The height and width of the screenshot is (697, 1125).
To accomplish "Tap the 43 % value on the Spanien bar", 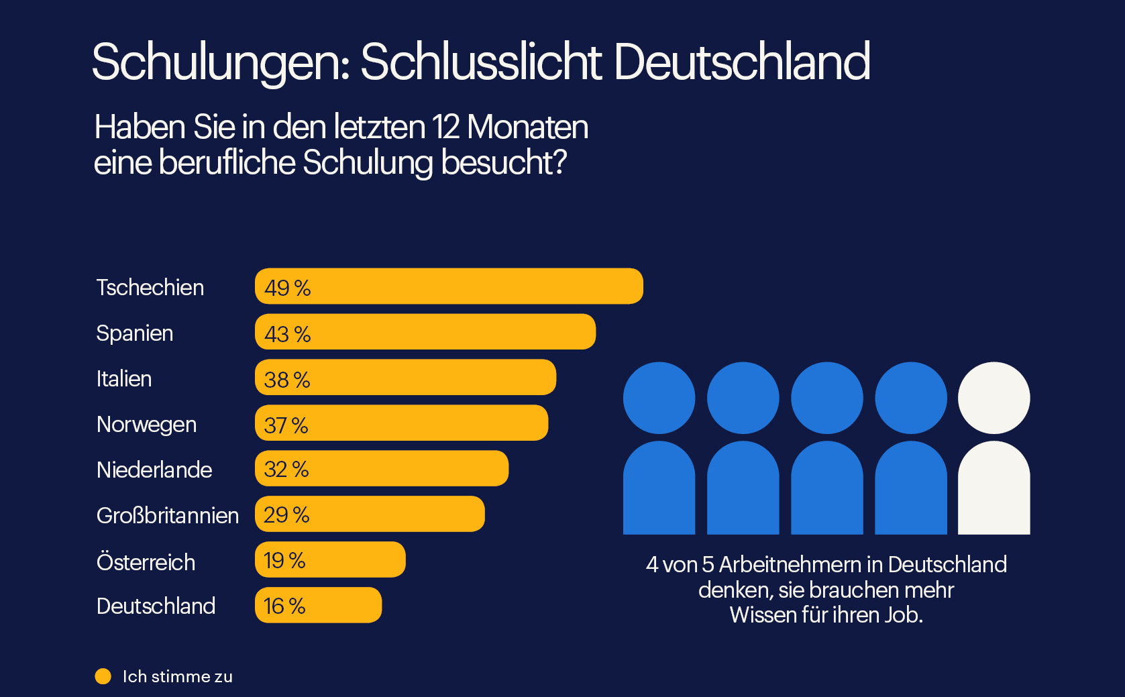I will point(287,333).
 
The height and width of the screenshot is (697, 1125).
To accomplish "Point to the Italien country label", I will point(124,379).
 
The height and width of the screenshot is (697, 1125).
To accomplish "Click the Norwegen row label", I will point(146,425).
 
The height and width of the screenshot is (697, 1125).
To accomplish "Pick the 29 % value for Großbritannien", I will point(286,515).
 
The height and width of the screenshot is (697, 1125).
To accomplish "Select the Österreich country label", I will point(146,561).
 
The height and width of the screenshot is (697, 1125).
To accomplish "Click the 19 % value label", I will point(284,560).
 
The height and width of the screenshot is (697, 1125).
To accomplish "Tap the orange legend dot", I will point(103,676).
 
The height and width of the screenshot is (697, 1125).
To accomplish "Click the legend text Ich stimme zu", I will point(177,676).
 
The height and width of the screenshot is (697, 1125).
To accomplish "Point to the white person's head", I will point(994,398).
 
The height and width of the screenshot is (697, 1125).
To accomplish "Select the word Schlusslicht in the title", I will point(481,62).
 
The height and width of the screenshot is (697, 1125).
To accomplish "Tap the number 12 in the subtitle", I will point(445,127).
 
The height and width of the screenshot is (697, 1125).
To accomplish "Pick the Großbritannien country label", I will point(168,516).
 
